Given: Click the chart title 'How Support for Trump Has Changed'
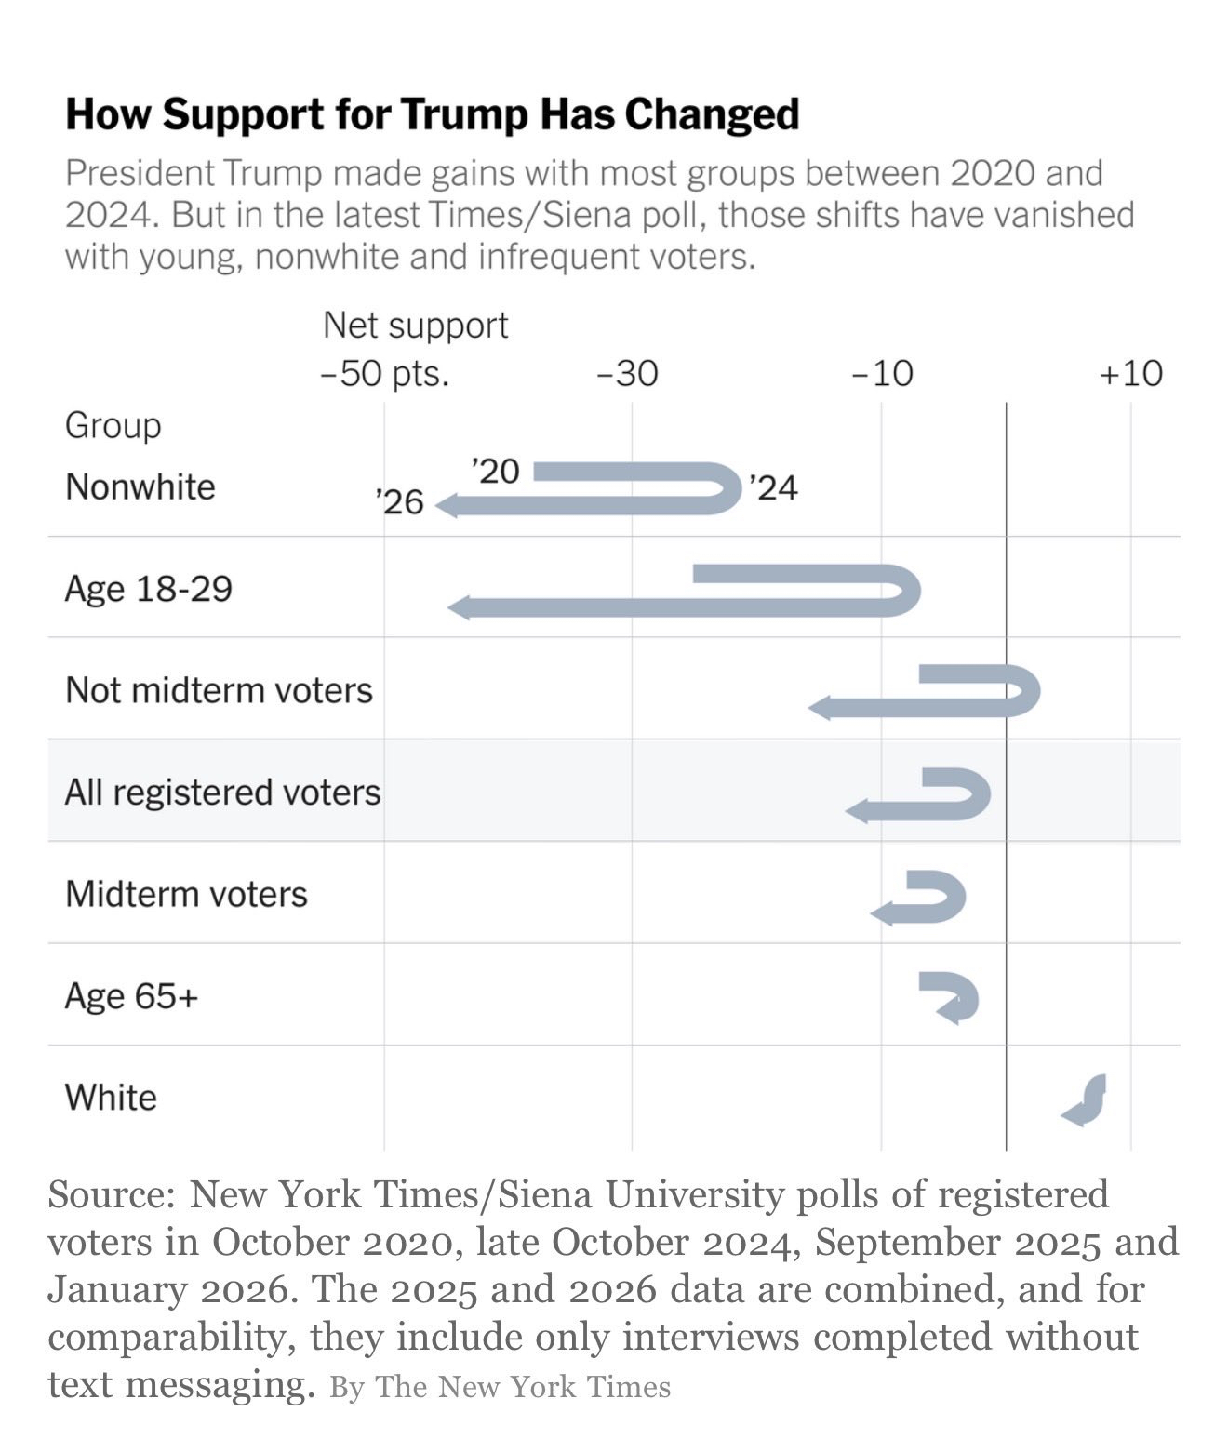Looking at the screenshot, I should point(432,114).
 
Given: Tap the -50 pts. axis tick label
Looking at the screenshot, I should point(384,373).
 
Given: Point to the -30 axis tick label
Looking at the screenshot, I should point(627,373).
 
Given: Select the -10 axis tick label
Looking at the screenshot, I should point(882,373).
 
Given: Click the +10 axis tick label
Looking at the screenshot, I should point(1130,373).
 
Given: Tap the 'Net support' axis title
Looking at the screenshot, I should point(415,326).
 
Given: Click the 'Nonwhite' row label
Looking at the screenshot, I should point(140,486).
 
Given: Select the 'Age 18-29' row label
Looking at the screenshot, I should point(148,589).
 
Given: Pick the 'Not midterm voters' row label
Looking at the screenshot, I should point(219,690).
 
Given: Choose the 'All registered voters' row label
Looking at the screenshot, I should point(222,793).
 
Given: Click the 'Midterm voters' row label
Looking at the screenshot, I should point(186,894).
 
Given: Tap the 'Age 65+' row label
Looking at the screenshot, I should point(131,996).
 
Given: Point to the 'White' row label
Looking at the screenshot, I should point(111,1098).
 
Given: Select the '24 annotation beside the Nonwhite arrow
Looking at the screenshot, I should point(773,487).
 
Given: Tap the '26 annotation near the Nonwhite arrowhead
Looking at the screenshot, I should point(400,502).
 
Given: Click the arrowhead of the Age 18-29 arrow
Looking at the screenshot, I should point(459,608).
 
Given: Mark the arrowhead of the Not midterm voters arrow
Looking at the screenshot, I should point(820,709).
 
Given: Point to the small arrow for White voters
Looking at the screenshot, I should point(1086,1099).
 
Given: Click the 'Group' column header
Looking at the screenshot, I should point(113,425).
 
